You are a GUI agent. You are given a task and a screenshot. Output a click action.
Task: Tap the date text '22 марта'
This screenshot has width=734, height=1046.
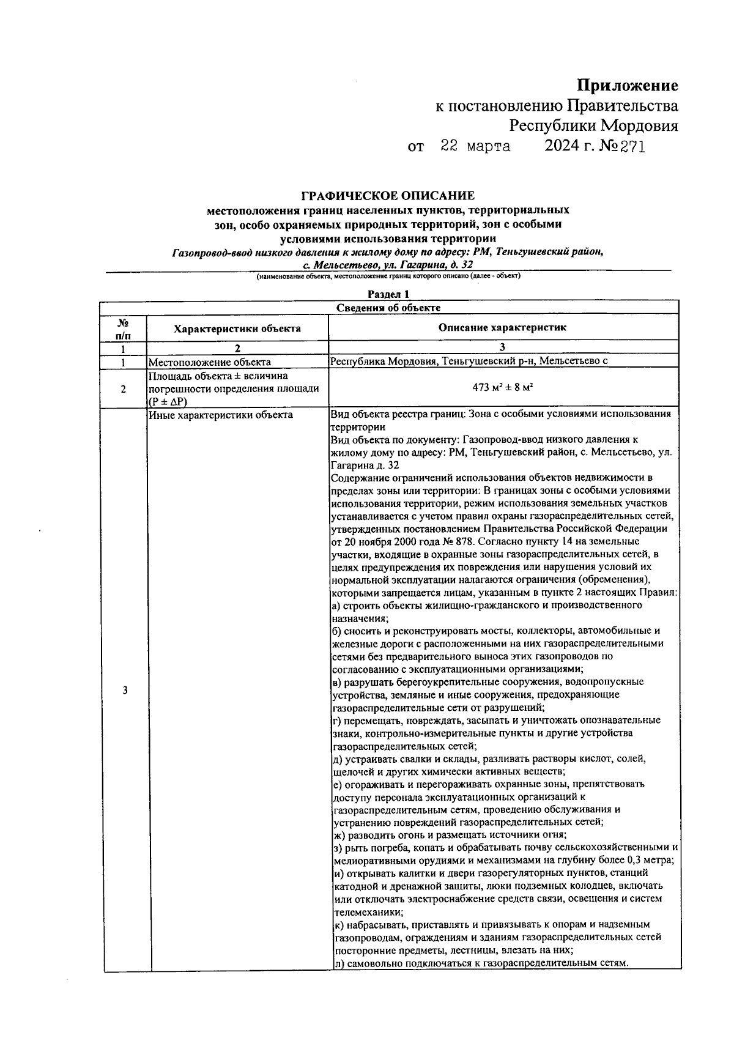(476, 147)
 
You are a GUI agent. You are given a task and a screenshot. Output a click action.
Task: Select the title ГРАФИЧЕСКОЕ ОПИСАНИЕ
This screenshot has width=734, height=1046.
(388, 196)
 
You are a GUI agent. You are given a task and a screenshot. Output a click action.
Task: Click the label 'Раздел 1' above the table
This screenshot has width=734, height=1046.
(388, 294)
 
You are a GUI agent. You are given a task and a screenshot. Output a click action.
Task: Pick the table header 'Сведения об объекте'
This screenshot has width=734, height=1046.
(388, 307)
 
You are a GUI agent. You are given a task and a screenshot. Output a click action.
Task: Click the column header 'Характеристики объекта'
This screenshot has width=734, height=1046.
(237, 328)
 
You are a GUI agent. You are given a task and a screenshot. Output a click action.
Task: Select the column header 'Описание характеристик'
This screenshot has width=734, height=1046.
(502, 327)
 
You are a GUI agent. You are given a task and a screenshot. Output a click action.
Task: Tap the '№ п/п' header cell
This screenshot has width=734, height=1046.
(124, 328)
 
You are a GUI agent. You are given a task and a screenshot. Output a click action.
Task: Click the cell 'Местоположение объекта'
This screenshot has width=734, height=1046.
(210, 362)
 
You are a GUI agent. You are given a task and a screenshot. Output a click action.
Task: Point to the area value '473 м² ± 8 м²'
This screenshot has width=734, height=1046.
(502, 388)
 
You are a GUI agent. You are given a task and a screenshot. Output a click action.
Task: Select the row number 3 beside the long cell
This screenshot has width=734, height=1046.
(125, 691)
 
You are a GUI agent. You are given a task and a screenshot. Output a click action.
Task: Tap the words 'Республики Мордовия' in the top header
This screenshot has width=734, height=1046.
(594, 126)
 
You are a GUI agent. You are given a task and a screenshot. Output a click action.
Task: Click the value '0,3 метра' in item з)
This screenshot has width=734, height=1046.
(651, 860)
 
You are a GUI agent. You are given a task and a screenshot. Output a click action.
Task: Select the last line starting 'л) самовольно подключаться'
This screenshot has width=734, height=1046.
(481, 963)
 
